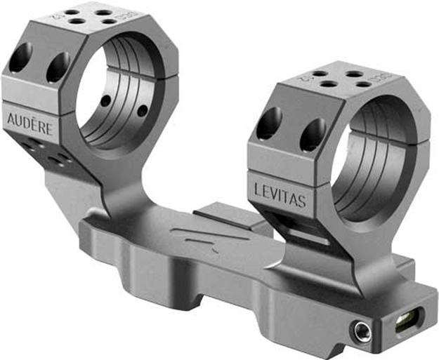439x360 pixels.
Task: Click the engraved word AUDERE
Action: click(32, 120)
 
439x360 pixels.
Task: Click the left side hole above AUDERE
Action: click(20, 58)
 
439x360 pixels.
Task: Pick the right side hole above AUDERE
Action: click(57, 67)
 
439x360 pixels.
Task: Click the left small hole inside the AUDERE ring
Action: click(105, 101)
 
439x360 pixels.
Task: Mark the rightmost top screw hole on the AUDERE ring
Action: click(110, 22)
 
